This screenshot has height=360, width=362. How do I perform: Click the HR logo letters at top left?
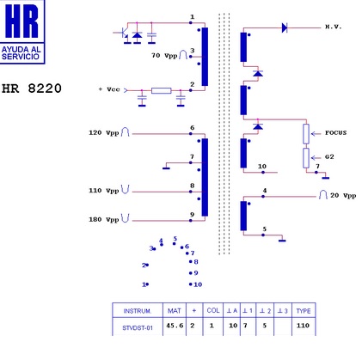(x=21, y=21)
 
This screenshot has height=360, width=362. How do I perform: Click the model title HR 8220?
(x=32, y=88)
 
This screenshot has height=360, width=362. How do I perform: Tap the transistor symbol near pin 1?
(x=124, y=34)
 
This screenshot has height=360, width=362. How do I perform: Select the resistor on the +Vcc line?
(x=162, y=90)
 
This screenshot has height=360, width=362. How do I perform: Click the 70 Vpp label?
(x=164, y=55)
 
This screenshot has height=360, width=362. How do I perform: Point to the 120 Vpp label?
(x=104, y=133)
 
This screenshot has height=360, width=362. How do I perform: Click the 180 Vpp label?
(x=104, y=220)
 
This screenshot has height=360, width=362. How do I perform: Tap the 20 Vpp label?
(x=343, y=196)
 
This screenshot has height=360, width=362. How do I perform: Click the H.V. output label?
(x=334, y=27)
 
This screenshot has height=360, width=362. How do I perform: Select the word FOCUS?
(x=335, y=133)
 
